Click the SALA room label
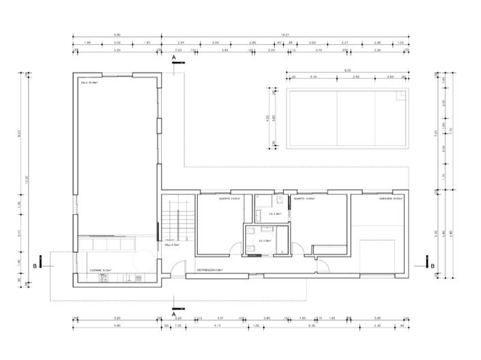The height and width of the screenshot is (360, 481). coord(90,83)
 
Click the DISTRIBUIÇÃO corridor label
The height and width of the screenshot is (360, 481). coord(212,270)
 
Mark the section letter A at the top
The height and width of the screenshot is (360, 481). coord(175,59)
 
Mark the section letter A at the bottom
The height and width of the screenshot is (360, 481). coord(175,314)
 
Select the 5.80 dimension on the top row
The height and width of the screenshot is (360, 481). coord(117,34)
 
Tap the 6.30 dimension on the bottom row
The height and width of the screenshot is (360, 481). coord(311,326)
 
